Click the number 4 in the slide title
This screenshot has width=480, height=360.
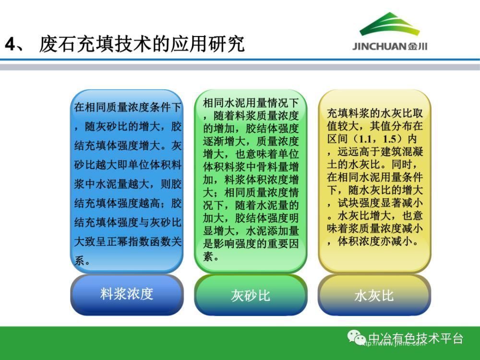tap(11, 44)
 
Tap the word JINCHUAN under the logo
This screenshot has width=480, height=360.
tap(379, 47)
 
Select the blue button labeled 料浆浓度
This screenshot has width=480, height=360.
tap(127, 295)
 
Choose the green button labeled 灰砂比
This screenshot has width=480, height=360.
tap(251, 295)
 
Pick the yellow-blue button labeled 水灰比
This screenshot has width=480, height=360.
tap(374, 295)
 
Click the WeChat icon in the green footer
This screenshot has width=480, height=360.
tap(356, 337)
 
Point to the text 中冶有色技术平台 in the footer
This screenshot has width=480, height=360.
tap(415, 338)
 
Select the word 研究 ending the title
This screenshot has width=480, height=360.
tap(227, 44)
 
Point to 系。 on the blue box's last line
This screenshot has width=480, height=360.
tap(83, 261)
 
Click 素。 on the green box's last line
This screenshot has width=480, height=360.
tap(211, 256)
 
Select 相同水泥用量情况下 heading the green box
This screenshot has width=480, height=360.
tap(251, 103)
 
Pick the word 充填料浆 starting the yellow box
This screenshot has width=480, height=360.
tap(348, 113)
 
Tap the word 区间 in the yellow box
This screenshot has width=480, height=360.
tap(337, 139)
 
